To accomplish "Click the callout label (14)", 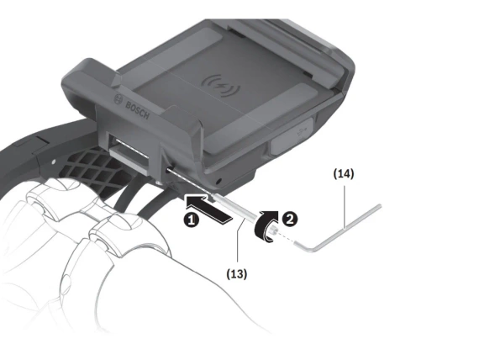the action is click(344, 174).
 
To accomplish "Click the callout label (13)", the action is click(237, 273).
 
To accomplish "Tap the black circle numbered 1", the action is click(192, 220).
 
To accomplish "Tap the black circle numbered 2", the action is click(290, 219).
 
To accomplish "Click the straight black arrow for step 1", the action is click(208, 207).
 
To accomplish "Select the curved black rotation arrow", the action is click(266, 225).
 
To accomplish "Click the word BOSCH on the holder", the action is click(138, 110).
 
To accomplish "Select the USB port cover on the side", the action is click(292, 136).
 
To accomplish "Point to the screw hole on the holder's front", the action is click(168, 169).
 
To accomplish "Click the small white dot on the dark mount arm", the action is click(54, 161).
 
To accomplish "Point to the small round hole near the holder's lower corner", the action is click(218, 182).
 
